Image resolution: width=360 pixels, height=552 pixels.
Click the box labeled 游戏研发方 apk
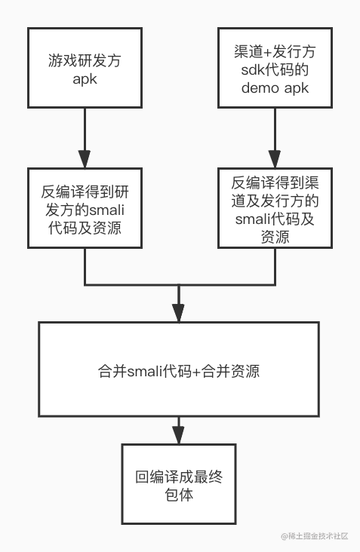(85, 68)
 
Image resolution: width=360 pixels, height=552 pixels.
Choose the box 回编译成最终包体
(180, 484)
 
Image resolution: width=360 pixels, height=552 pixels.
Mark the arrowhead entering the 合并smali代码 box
(179, 313)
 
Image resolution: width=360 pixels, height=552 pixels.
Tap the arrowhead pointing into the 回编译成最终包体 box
(179, 435)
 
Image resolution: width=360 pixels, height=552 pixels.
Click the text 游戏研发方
(85, 59)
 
